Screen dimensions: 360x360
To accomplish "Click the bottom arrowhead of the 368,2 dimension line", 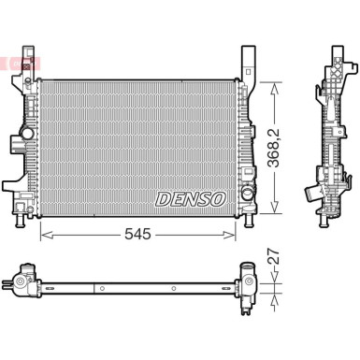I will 274,211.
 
